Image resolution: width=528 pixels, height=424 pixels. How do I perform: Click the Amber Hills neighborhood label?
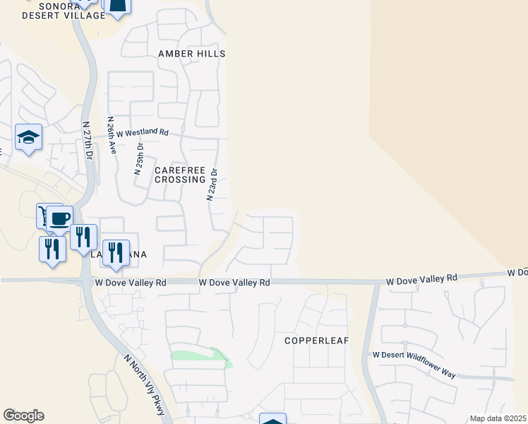pyautogui.click(x=191, y=54)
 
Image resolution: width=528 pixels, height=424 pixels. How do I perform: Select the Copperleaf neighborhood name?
pyautogui.click(x=317, y=341)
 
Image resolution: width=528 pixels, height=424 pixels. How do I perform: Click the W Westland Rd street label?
pyautogui.click(x=143, y=132)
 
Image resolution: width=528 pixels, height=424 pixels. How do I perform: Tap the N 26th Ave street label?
pyautogui.click(x=111, y=136)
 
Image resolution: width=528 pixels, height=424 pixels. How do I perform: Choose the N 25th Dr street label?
pyautogui.click(x=140, y=158)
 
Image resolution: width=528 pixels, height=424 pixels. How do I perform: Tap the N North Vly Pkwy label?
pyautogui.click(x=143, y=384)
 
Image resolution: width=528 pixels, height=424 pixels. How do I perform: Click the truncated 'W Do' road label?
pyautogui.click(x=517, y=272)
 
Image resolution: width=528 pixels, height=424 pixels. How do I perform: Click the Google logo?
pyautogui.click(x=23, y=416)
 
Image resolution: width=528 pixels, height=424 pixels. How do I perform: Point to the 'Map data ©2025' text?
pyautogui.click(x=497, y=418)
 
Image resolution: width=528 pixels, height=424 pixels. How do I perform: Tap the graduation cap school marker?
pyautogui.click(x=28, y=137)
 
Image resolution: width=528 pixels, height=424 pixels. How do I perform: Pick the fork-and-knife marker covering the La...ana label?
pyautogui.click(x=116, y=252)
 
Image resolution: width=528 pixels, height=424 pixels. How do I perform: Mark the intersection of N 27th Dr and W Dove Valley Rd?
pyautogui.click(x=86, y=282)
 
